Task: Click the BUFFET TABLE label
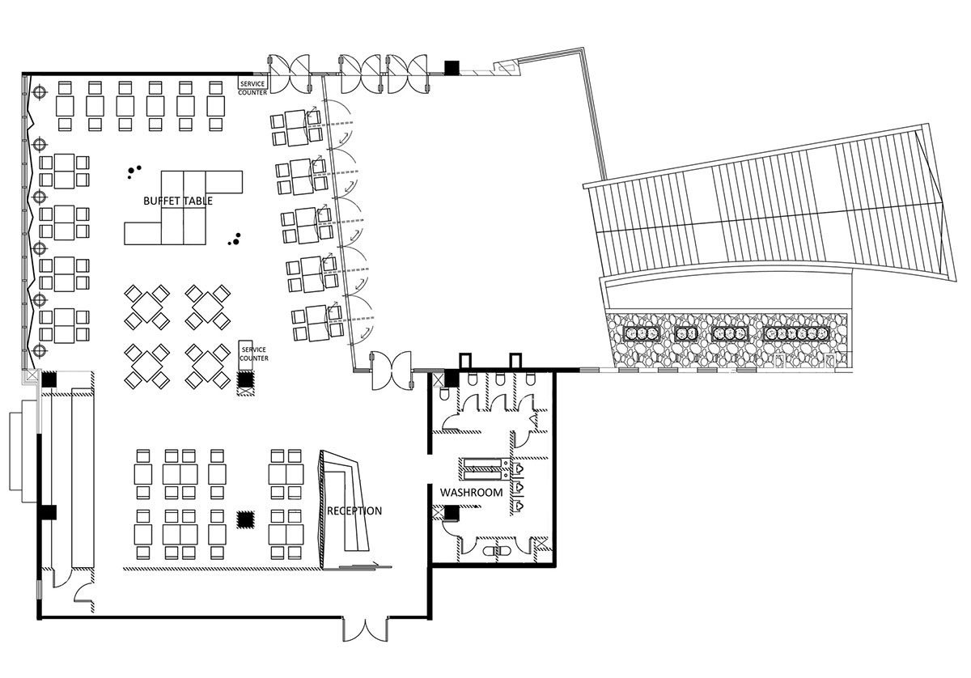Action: pos(178,201)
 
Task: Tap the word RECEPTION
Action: pos(354,511)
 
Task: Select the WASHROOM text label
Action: pos(471,493)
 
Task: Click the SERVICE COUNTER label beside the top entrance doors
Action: pos(252,88)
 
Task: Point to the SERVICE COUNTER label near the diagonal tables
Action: pos(253,354)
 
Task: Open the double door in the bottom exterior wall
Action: pos(366,629)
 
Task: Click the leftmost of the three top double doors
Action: pos(289,74)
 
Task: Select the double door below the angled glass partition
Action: pos(392,371)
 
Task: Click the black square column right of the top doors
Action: pos(452,68)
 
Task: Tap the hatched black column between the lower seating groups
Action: pos(245,519)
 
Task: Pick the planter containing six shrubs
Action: pos(797,333)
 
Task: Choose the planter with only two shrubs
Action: pos(686,333)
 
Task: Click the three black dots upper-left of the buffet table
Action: pos(134,172)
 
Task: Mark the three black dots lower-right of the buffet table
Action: pos(235,239)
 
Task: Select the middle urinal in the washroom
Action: pos(518,487)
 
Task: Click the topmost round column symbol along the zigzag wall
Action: pos(40,92)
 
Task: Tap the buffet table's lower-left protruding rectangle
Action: pos(142,234)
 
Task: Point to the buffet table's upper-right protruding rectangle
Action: pos(223,182)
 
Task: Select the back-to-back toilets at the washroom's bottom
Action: pos(497,551)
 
